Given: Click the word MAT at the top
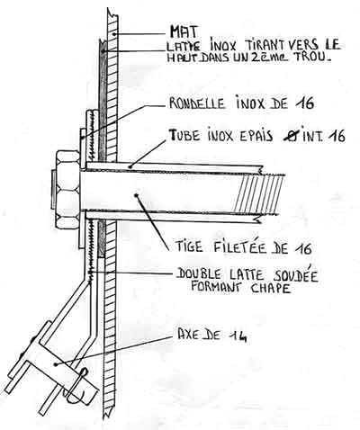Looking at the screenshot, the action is (x=184, y=31).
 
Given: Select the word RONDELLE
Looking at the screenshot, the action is (x=197, y=103).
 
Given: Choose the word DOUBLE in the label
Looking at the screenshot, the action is (x=203, y=273).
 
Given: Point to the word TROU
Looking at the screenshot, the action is (x=313, y=57).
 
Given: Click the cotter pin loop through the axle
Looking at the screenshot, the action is (x=76, y=385).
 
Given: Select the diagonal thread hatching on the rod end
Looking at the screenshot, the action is (x=259, y=194).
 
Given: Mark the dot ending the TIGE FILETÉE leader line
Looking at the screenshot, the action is (x=137, y=195).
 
